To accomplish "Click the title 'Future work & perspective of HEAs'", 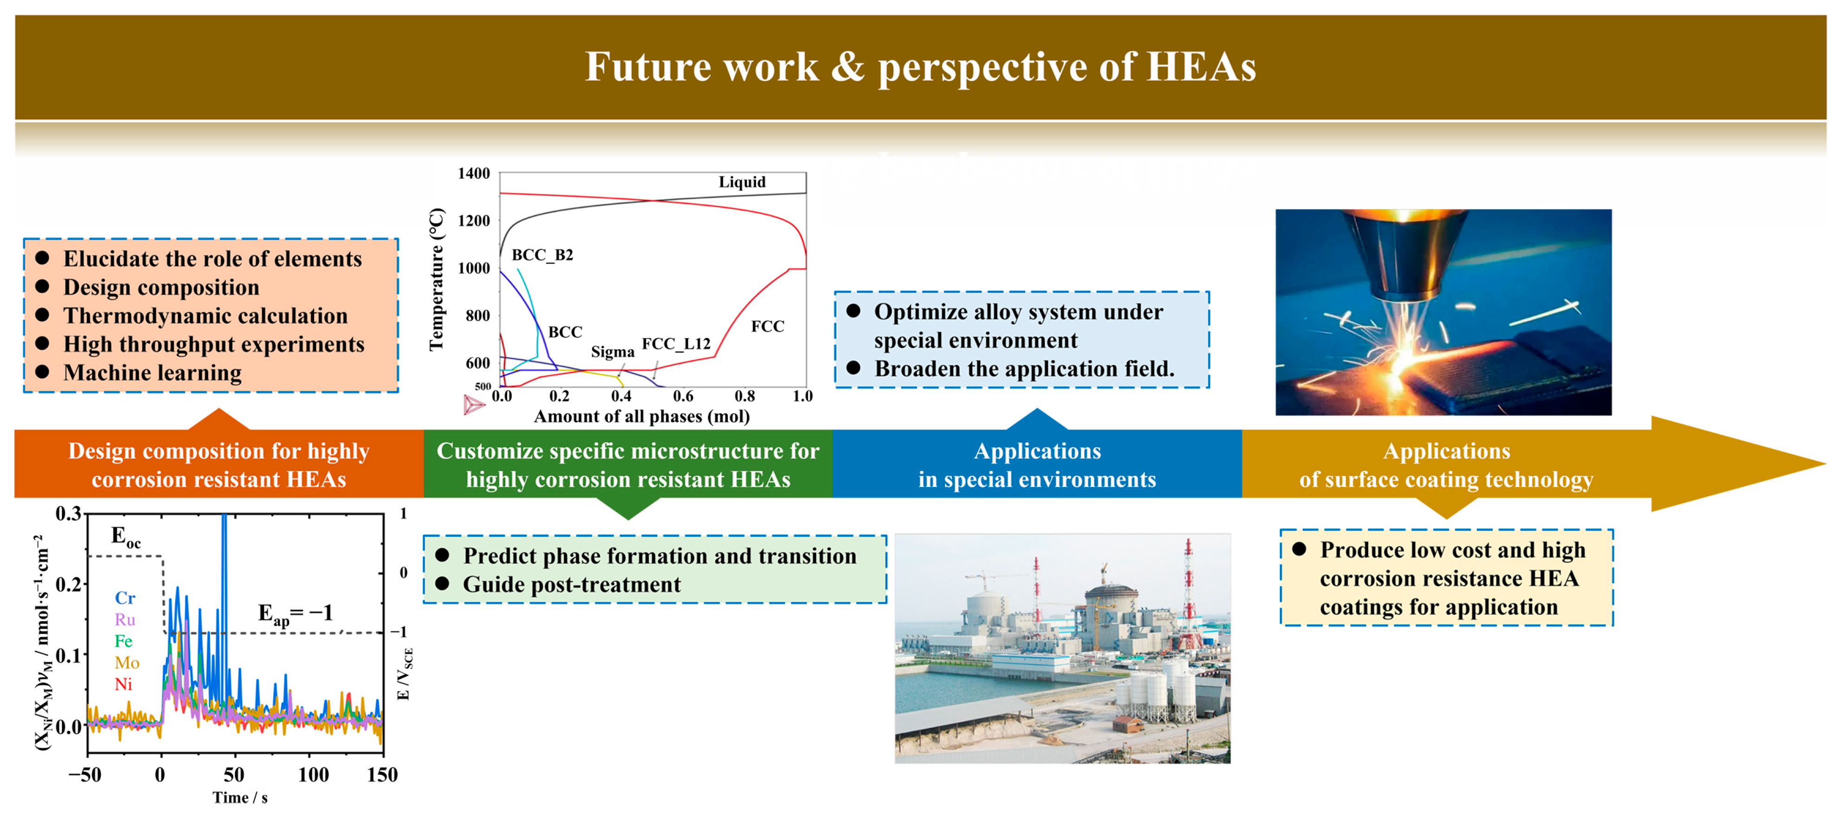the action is pyautogui.click(x=921, y=67).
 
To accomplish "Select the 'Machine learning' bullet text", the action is pyautogui.click(x=152, y=373).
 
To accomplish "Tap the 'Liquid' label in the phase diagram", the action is pyautogui.click(x=742, y=182).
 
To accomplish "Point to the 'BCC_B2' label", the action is pyautogui.click(x=542, y=255).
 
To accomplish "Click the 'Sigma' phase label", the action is pyautogui.click(x=612, y=352).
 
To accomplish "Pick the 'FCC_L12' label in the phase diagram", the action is pyautogui.click(x=676, y=344).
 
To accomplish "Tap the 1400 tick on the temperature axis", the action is pyautogui.click(x=474, y=173).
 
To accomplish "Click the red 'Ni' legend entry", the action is pyautogui.click(x=123, y=684).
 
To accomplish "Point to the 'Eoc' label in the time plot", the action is pyautogui.click(x=126, y=537).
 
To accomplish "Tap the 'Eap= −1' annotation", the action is pyautogui.click(x=295, y=614).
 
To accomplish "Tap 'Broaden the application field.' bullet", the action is pyautogui.click(x=1024, y=369).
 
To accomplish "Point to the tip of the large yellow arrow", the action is pyautogui.click(x=1826, y=464).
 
